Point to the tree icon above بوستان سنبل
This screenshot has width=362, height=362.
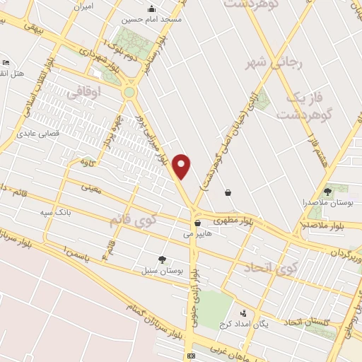163,259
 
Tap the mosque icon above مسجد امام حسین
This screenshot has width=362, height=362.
151,9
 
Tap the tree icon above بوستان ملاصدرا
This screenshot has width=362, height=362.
327,191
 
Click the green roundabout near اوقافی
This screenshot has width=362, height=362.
129,92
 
